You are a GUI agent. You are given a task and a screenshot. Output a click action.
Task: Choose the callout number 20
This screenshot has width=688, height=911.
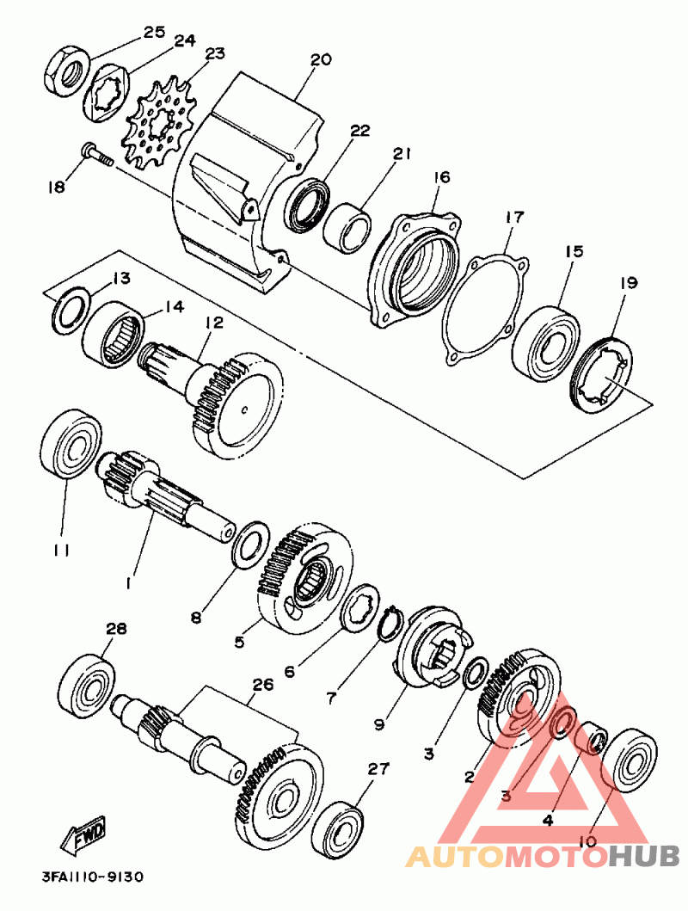320,59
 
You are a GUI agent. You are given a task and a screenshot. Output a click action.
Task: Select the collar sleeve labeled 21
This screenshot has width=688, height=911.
347,227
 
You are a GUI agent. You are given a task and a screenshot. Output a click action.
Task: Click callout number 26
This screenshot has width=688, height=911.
262,685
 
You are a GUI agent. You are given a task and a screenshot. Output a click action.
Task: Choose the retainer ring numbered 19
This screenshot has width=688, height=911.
602,372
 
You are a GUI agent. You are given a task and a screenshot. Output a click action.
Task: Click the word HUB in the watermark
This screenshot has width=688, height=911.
644,856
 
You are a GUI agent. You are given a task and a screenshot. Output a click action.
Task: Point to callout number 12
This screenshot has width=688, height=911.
213,323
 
